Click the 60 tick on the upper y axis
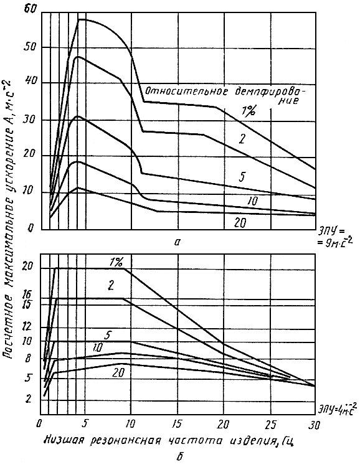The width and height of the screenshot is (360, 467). point(29,10)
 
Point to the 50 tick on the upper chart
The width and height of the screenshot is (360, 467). point(29,47)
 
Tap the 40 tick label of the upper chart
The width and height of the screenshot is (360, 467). point(29,82)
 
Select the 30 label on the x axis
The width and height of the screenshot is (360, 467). point(313,425)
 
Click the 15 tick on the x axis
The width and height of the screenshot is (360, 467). point(177,425)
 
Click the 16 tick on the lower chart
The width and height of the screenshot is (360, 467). point(27,295)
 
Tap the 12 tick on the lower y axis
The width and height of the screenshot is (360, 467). point(27,327)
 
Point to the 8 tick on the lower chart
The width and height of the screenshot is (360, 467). point(28,358)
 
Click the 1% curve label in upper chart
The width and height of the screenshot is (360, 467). point(249,111)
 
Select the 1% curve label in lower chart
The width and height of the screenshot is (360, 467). point(116,262)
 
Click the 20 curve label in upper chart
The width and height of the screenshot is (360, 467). point(240,222)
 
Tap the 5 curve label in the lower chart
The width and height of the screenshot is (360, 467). point(108,336)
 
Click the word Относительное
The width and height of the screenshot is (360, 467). point(187,91)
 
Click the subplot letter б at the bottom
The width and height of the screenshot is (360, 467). point(180,456)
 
